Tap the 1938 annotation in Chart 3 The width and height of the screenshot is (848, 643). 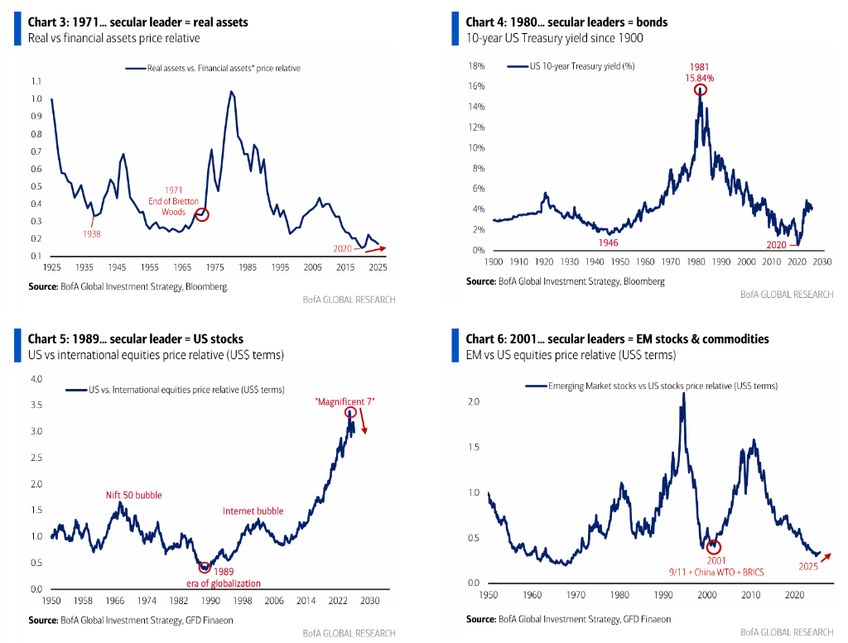(91, 234)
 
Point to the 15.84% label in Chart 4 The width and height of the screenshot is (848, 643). (699, 79)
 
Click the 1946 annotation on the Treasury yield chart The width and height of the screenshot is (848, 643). (608, 243)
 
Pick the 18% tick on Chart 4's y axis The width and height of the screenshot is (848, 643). (476, 66)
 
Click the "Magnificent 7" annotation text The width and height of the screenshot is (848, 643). (345, 401)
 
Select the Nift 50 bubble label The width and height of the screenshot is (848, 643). (133, 495)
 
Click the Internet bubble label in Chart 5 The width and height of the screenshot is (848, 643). (253, 511)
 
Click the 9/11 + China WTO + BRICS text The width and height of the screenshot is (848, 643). (716, 572)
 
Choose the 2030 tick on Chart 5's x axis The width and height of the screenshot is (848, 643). (370, 600)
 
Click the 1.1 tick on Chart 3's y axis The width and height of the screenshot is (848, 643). (36, 81)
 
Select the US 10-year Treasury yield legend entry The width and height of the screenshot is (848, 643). (571, 66)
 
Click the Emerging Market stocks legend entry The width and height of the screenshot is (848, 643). (652, 386)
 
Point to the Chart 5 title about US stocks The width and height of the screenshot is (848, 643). (136, 338)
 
